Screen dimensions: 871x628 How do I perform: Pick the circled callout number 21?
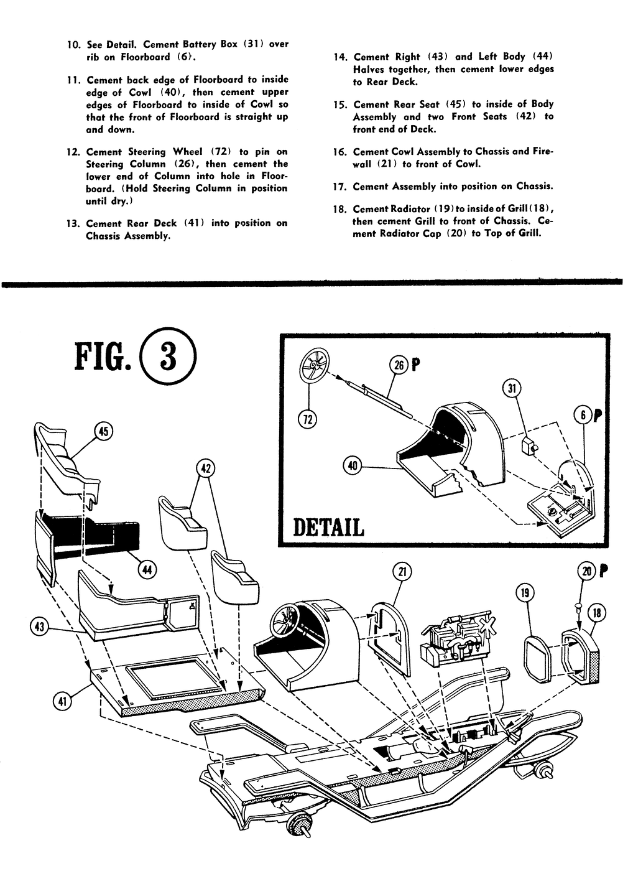coord(402,572)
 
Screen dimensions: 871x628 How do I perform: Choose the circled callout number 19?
coord(525,594)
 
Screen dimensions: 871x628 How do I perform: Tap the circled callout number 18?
coord(598,613)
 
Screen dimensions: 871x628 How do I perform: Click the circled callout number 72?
coord(307,419)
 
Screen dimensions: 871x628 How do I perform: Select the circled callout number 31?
coord(512,389)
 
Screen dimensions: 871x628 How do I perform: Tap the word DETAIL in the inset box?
coord(328,528)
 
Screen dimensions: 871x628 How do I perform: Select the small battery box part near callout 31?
coord(529,446)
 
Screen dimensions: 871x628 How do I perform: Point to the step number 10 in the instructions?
coord(73,45)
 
